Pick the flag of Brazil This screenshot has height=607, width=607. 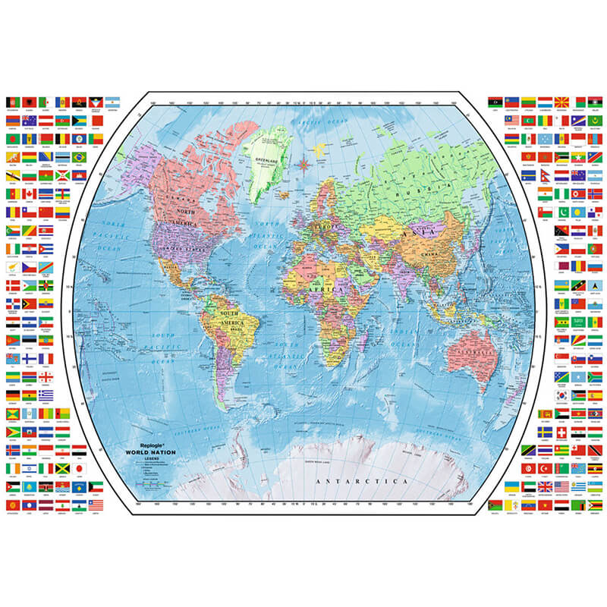point(79,156)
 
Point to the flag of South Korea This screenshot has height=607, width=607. point(561,395)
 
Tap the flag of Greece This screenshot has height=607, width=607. point(46,395)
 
